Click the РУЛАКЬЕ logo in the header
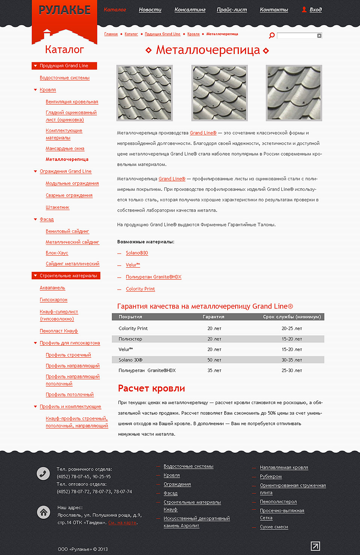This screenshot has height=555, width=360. [x=64, y=10]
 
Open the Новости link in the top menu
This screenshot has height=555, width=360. [x=150, y=10]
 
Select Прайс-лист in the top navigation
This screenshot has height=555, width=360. [x=232, y=10]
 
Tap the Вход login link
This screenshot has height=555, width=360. [x=315, y=10]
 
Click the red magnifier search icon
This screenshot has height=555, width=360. [x=272, y=36]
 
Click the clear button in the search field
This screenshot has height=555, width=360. [x=319, y=36]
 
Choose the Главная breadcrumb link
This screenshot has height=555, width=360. [x=111, y=34]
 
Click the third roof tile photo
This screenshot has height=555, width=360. [x=294, y=93]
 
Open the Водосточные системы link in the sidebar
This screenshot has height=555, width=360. [x=64, y=78]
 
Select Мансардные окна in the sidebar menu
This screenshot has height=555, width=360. [x=65, y=149]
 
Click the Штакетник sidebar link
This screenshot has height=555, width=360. [x=57, y=207]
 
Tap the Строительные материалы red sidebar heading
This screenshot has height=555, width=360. [x=68, y=276]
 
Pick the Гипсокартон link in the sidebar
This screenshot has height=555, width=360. [x=54, y=300]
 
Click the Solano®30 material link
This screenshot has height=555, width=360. [x=137, y=253]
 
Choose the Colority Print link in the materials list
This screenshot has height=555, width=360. [x=140, y=289]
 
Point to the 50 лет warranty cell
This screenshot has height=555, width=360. [x=214, y=360]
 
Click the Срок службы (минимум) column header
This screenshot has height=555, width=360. [x=292, y=317]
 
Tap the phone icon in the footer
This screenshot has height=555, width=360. [x=43, y=474]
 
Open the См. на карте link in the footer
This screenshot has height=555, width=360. [x=123, y=523]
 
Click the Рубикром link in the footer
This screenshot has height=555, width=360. [x=271, y=477]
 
